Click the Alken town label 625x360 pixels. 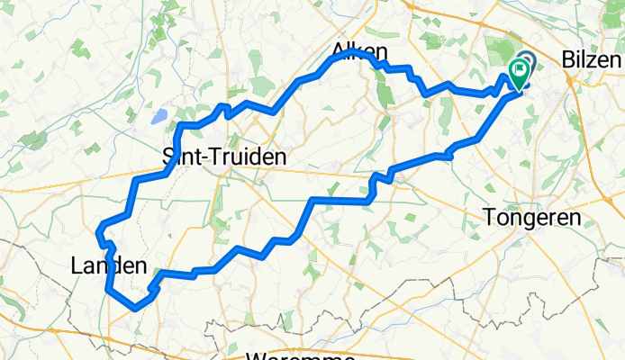(360, 51)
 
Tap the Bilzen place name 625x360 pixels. (592, 60)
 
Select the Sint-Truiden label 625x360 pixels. (224, 157)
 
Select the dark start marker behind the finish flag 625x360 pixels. (527, 60)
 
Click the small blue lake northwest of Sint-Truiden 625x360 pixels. (159, 116)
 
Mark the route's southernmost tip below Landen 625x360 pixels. (135, 308)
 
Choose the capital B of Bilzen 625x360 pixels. (568, 60)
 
